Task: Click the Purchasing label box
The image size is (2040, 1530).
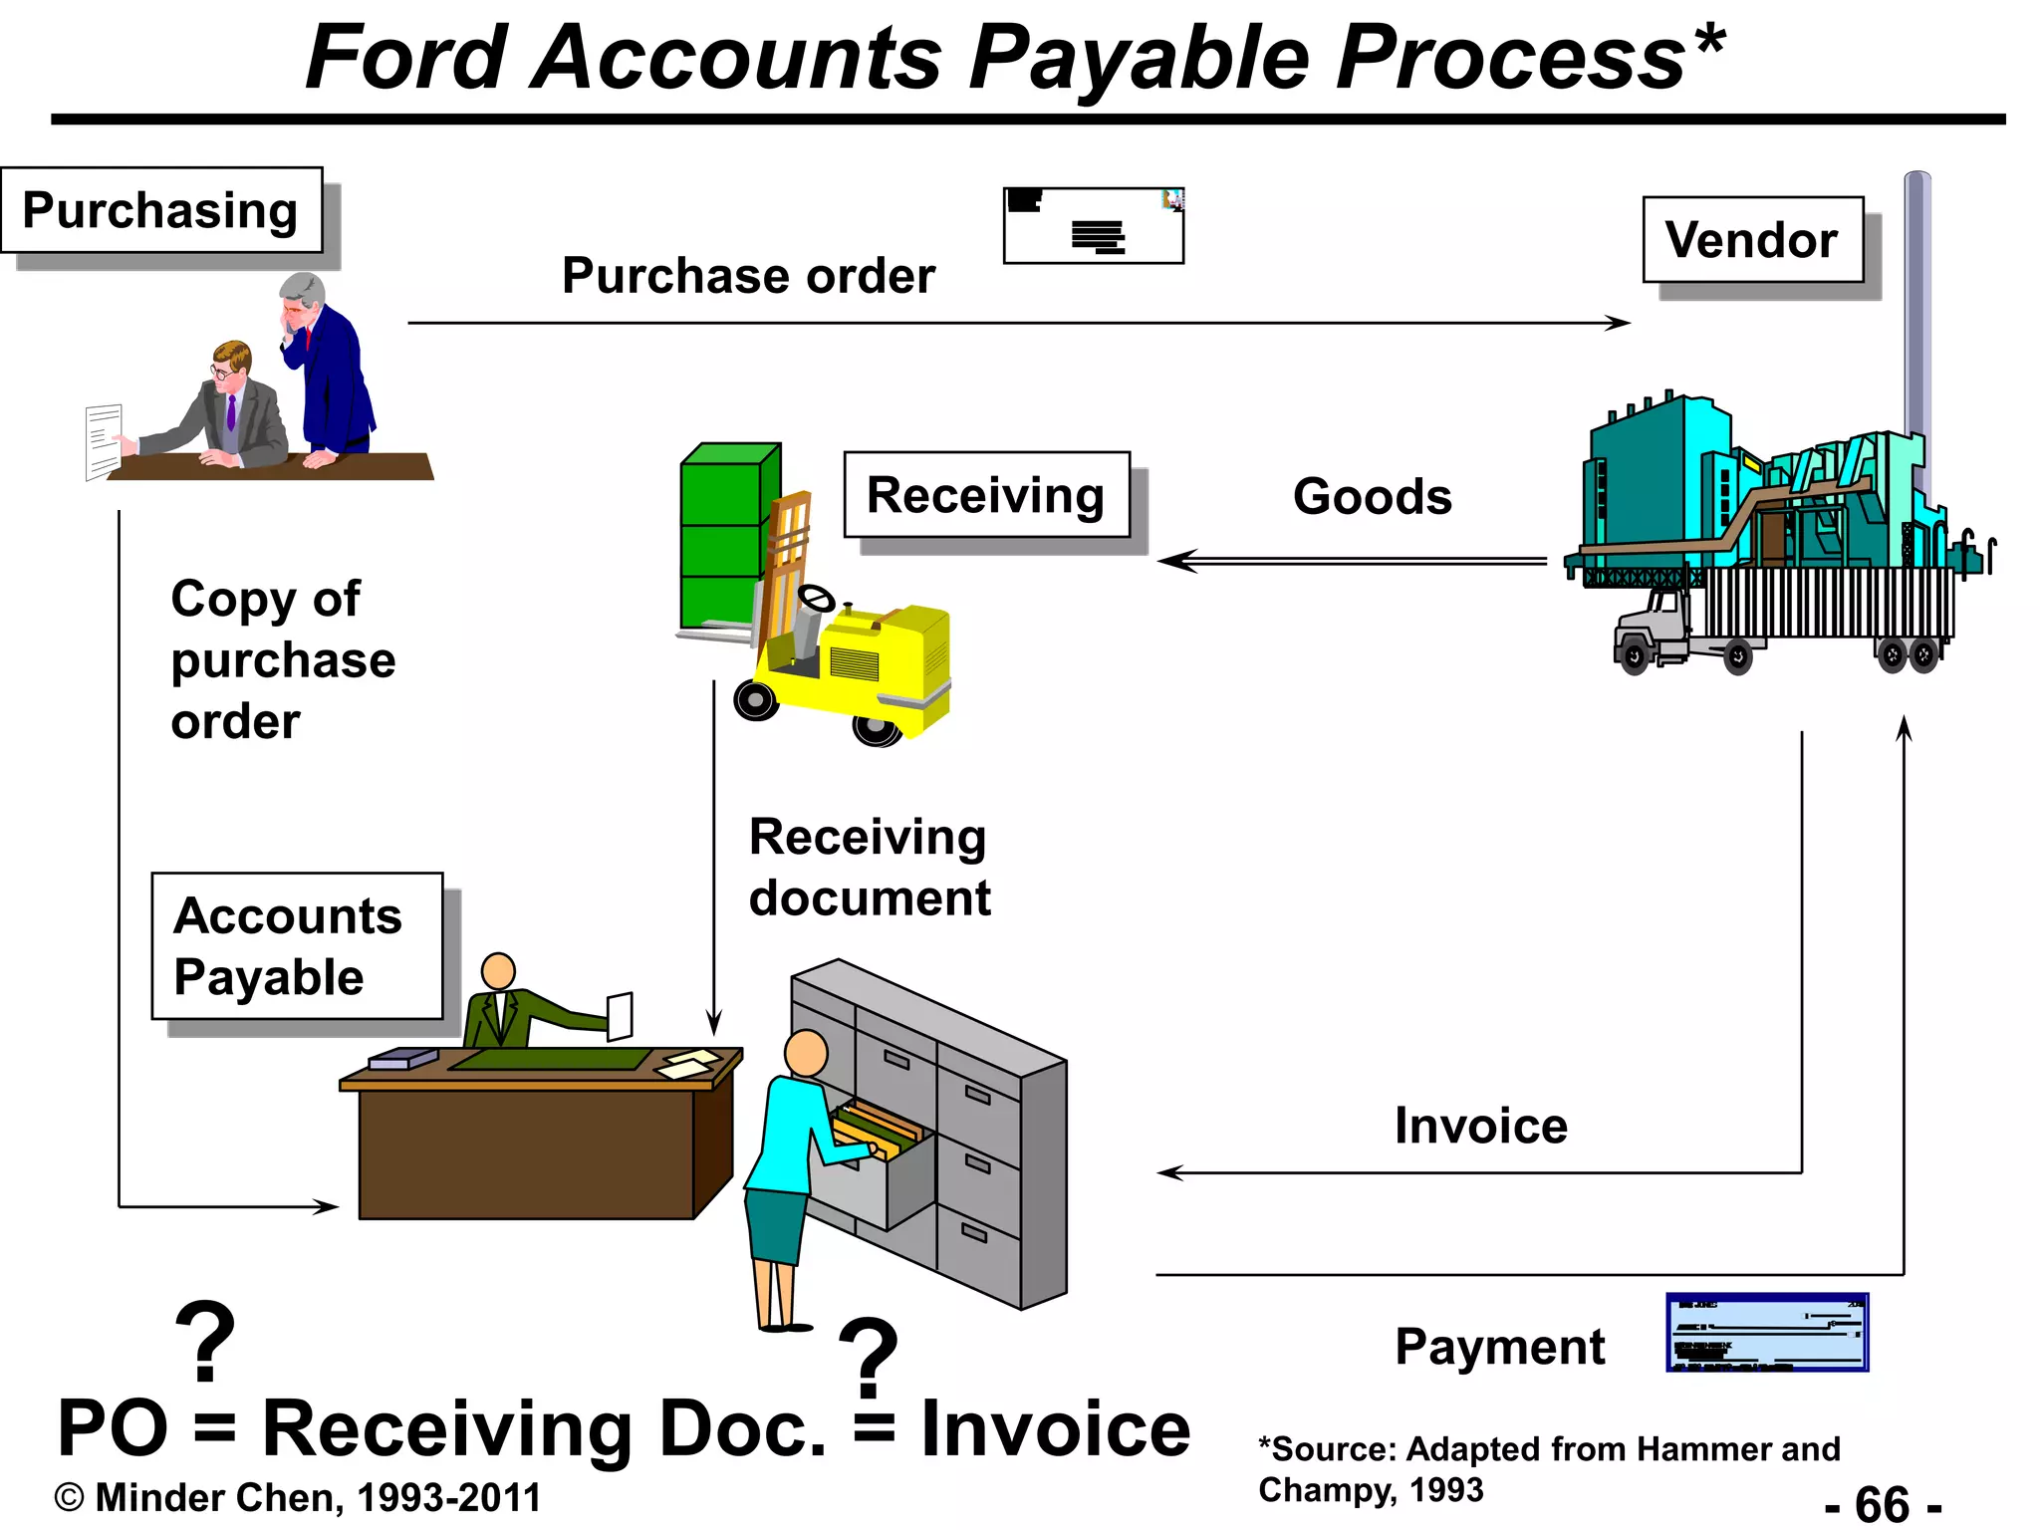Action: (x=161, y=210)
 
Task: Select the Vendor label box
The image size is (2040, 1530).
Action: (x=1752, y=240)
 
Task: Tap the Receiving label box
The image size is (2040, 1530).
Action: (x=986, y=495)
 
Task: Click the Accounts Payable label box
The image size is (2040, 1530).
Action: (x=296, y=945)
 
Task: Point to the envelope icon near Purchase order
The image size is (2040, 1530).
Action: (x=1093, y=226)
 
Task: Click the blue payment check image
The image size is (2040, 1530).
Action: (x=1766, y=1333)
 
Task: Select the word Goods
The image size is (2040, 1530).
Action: (x=1372, y=496)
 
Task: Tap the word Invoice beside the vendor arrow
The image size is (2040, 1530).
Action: (x=1480, y=1126)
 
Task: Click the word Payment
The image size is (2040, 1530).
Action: (x=1499, y=1347)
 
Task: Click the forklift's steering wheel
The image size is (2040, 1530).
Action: (x=818, y=598)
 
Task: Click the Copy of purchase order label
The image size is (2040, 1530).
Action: (x=282, y=659)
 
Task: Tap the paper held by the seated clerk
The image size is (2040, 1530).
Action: (x=620, y=1016)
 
